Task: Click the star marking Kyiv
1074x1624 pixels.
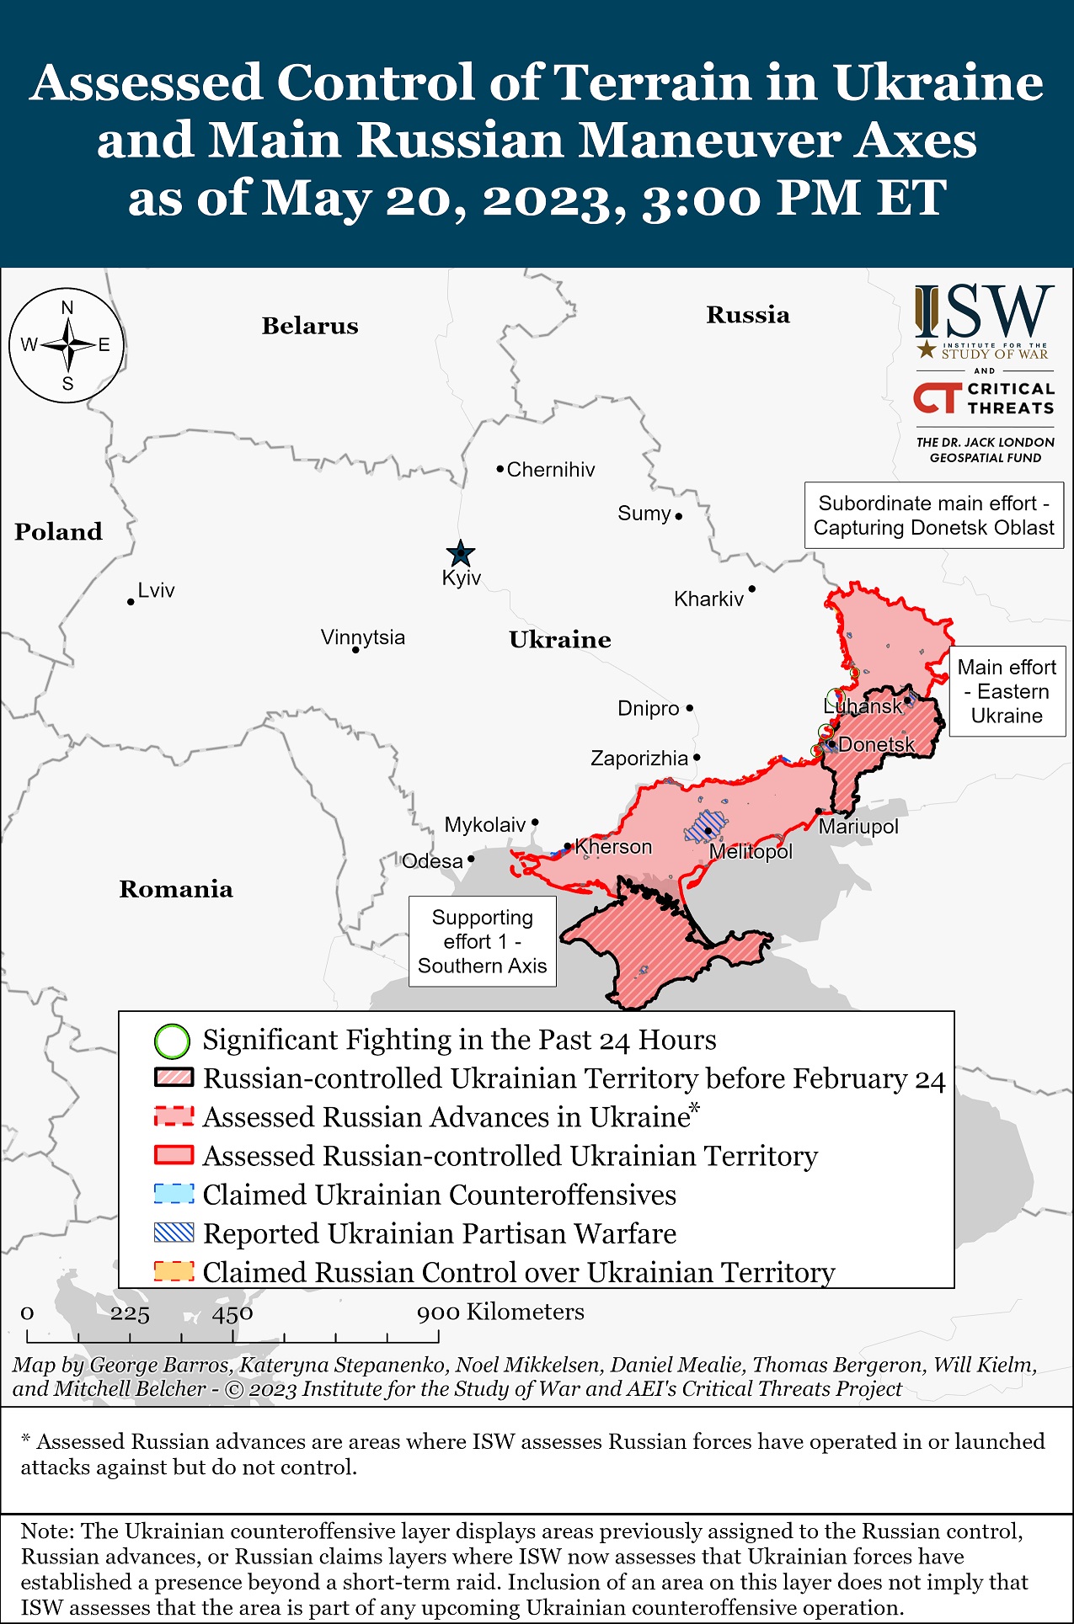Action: coord(460,554)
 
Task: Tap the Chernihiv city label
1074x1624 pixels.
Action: coord(550,470)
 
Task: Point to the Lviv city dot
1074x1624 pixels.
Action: coord(131,602)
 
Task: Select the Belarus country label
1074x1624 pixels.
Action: coord(310,326)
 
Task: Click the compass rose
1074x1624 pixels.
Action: coord(67,345)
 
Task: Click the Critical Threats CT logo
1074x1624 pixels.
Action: coord(938,398)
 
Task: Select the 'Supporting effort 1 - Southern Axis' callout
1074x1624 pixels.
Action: coord(482,941)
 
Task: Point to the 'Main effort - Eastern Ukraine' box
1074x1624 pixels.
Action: coord(1007,691)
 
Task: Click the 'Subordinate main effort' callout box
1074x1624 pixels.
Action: coord(933,515)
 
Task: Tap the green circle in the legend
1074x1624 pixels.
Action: coord(172,1041)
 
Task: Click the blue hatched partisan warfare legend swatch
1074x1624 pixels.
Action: coord(174,1233)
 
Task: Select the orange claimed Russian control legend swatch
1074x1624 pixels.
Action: coord(174,1271)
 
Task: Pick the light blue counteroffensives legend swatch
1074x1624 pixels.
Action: coord(174,1195)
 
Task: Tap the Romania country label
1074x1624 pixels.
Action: coord(176,889)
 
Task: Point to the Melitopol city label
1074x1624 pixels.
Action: coord(751,852)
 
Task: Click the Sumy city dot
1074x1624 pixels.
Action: coord(679,516)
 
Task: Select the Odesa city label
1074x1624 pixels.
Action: coord(432,861)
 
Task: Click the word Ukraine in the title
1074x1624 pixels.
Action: coord(938,83)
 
